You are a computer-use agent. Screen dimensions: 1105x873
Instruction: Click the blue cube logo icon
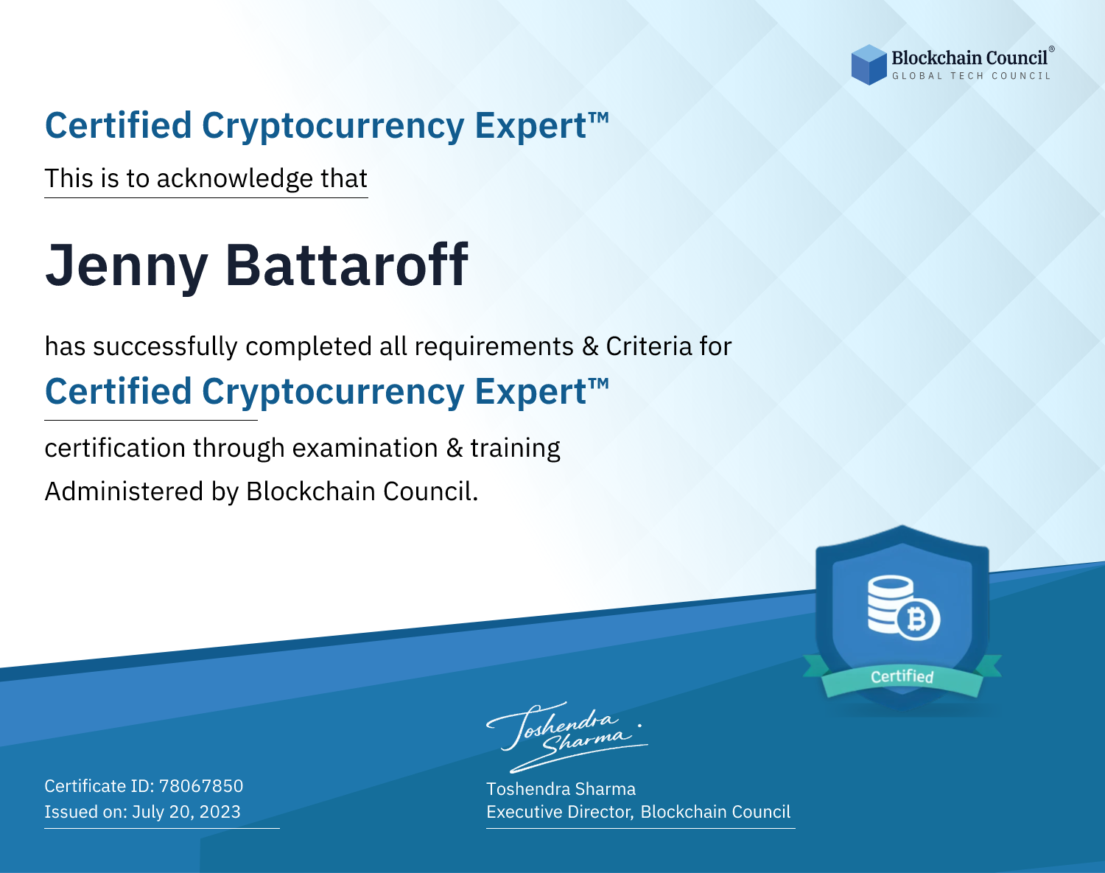pyautogui.click(x=869, y=65)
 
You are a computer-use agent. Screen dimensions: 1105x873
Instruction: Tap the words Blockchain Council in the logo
pyautogui.click(x=969, y=57)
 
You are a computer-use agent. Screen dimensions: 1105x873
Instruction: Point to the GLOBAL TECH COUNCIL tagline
pyautogui.click(x=971, y=76)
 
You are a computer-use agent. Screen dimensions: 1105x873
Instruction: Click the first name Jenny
pyautogui.click(x=127, y=267)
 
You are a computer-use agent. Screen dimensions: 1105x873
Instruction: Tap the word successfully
pyautogui.click(x=165, y=347)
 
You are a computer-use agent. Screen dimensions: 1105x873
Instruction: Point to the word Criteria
pyautogui.click(x=648, y=346)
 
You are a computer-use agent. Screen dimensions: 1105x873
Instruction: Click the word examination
pyautogui.click(x=365, y=448)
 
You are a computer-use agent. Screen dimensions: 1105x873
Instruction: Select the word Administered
pyautogui.click(x=124, y=491)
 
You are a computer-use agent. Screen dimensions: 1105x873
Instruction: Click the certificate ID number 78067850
pyautogui.click(x=201, y=785)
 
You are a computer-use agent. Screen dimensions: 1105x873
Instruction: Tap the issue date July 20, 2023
pyautogui.click(x=186, y=812)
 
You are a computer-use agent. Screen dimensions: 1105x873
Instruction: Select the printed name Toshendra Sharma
pyautogui.click(x=561, y=789)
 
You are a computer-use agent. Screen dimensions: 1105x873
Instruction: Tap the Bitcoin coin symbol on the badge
pyautogui.click(x=918, y=620)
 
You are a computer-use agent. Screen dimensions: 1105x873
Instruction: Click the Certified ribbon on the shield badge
pyautogui.click(x=902, y=677)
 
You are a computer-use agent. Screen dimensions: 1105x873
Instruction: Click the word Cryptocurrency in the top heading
pyautogui.click(x=333, y=127)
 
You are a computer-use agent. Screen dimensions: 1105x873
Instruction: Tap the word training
pyautogui.click(x=515, y=448)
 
